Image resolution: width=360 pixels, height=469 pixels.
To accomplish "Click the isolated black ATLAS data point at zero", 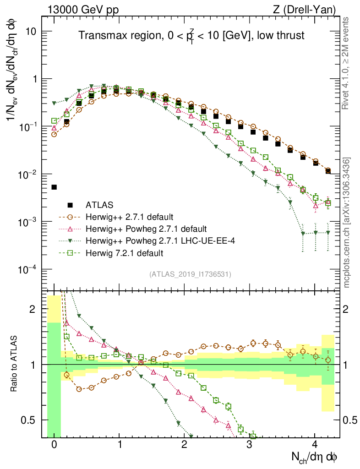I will click(54, 187).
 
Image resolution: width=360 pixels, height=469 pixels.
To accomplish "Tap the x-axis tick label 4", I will click(315, 445).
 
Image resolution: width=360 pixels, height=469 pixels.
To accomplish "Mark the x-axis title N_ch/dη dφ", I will click(315, 458).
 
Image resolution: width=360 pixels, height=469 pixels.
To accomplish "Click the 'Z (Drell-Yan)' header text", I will click(308, 9).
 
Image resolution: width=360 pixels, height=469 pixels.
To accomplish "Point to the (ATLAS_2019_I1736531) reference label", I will click(190, 274).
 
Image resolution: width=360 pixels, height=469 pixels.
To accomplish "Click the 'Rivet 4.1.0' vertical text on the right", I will click(347, 64).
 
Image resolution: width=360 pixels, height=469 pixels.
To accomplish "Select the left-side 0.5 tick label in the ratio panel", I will click(29, 420).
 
